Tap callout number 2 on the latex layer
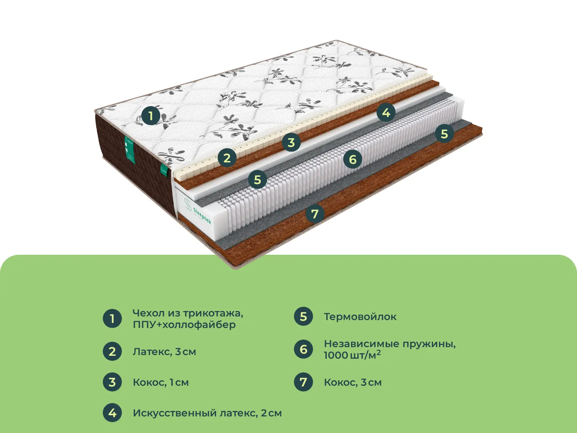pyautogui.click(x=227, y=158)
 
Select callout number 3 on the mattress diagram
pyautogui.click(x=291, y=142)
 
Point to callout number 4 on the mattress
pyautogui.click(x=386, y=113)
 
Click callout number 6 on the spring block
pyautogui.click(x=353, y=159)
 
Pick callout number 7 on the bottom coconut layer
pyautogui.click(x=315, y=214)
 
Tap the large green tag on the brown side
pyautogui.click(x=129, y=149)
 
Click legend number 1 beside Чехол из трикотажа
pyautogui.click(x=112, y=319)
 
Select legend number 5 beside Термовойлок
pyautogui.click(x=303, y=316)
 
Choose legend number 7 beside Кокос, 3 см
pyautogui.click(x=303, y=382)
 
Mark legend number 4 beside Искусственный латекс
pyautogui.click(x=112, y=413)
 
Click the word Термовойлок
pyautogui.click(x=360, y=317)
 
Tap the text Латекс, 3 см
pyautogui.click(x=164, y=351)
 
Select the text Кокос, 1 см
pyautogui.click(x=160, y=382)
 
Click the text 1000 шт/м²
pyautogui.click(x=352, y=355)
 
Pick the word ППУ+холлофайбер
pyautogui.click(x=184, y=324)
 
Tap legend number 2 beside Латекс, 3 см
pyautogui.click(x=112, y=351)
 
